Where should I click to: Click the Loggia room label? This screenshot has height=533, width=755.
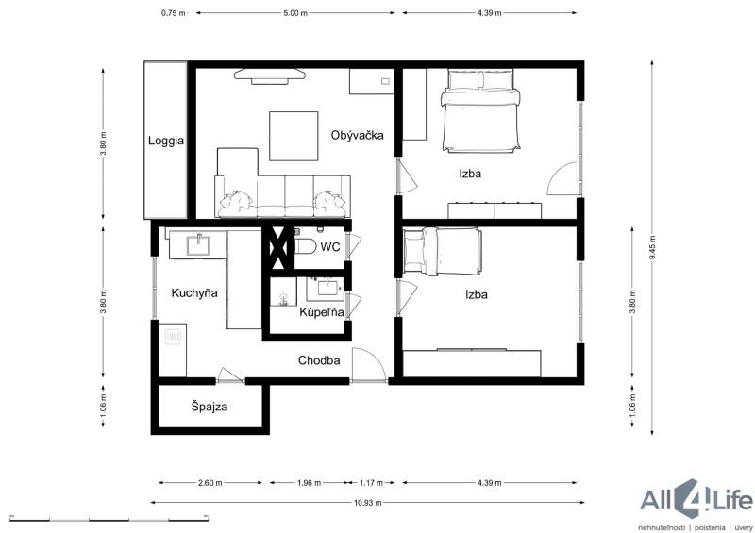point(166,142)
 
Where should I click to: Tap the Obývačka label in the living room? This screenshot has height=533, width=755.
point(358,135)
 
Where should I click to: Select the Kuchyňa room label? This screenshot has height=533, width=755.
point(194,292)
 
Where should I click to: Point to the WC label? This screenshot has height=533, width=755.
point(330,247)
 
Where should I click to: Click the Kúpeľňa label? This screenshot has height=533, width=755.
point(322,312)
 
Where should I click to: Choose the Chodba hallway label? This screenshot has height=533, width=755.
point(319,360)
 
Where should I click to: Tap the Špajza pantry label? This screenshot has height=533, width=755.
point(209,407)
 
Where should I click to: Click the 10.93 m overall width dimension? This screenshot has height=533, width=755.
point(368,503)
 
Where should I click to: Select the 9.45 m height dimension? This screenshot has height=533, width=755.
point(652,248)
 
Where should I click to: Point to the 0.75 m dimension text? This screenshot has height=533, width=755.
point(174,13)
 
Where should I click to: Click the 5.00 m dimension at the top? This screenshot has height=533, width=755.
point(295,13)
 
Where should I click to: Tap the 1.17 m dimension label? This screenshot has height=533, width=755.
point(371,482)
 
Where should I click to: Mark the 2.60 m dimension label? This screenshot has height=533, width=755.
point(210,482)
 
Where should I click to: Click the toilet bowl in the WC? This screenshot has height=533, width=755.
point(304,246)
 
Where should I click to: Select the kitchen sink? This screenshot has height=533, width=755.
point(198,244)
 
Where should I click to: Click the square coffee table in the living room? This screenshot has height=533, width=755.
point(294,136)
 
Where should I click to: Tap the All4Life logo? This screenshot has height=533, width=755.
point(696,504)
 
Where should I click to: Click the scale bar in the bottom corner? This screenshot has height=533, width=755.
point(109,519)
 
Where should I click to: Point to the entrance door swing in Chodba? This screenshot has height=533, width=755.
point(368,365)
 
